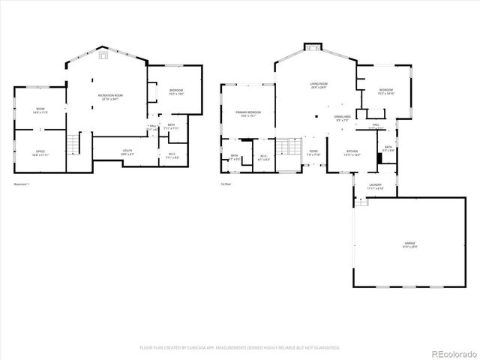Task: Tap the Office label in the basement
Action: (x=40, y=153)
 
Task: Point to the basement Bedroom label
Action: (x=176, y=91)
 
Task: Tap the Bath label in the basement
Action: (x=172, y=127)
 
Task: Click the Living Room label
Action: (x=318, y=85)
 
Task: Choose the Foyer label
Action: (x=313, y=153)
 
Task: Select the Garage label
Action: (x=409, y=244)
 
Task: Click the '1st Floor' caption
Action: (x=226, y=184)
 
